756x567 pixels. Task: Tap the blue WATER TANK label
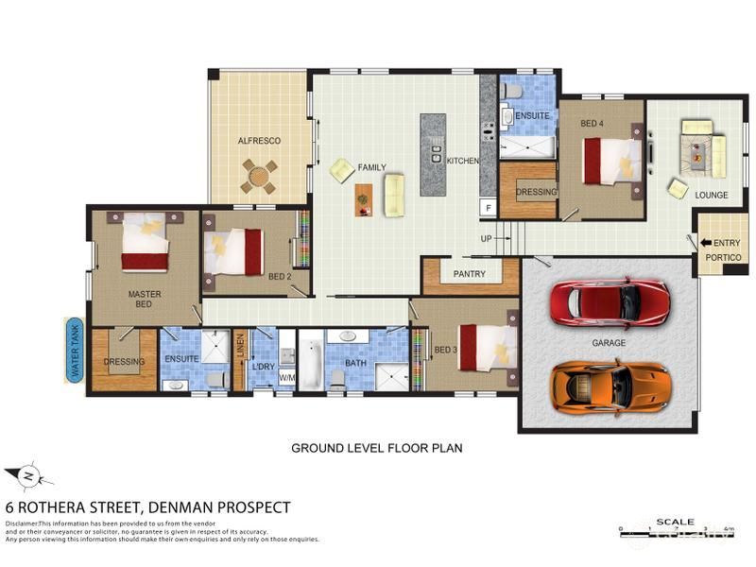76,351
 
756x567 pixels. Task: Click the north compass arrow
27,475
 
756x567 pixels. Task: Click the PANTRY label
469,275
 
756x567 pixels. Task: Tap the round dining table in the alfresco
259,175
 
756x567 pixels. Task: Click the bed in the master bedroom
145,242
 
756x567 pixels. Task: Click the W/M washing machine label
287,378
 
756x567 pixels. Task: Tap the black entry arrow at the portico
706,243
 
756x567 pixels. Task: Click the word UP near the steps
487,238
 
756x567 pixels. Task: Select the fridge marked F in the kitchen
488,206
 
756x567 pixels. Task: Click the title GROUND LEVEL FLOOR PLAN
376,448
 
